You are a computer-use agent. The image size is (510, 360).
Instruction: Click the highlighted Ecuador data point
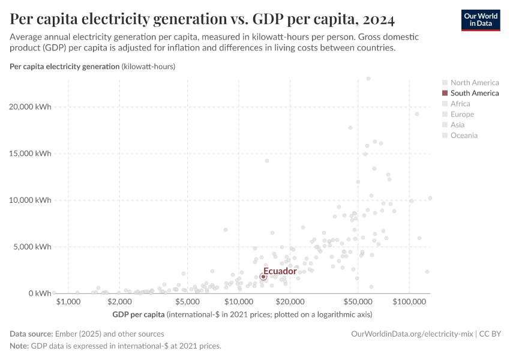(263, 277)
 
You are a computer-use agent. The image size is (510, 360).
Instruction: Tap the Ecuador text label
(280, 271)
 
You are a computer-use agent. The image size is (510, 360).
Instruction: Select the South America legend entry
(474, 93)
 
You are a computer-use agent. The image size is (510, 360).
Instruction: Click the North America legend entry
(474, 83)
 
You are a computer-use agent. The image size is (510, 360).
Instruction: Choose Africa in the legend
(460, 104)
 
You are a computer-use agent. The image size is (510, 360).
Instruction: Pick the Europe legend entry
(462, 114)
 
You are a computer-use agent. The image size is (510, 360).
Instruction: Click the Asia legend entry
(457, 125)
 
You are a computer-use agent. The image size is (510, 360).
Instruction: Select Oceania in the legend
(464, 135)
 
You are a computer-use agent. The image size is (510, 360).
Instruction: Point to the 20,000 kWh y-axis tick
(31, 107)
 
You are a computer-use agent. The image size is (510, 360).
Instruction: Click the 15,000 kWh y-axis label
(31, 154)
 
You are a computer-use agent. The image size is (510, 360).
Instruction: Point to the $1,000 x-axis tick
(68, 301)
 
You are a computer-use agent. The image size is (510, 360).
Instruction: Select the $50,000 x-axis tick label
(358, 301)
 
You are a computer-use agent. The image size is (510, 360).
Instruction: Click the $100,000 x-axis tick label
(409, 301)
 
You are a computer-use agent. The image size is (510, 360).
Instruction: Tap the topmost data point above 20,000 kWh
(368, 78)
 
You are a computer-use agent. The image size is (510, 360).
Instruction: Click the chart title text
(202, 20)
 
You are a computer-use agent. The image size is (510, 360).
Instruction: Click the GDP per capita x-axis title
(138, 314)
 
